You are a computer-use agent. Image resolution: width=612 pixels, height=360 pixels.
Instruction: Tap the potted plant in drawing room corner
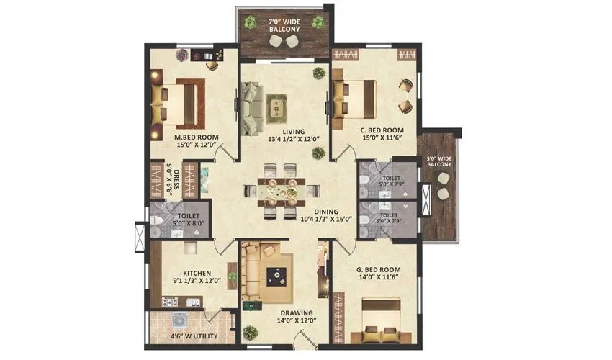(250, 333)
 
